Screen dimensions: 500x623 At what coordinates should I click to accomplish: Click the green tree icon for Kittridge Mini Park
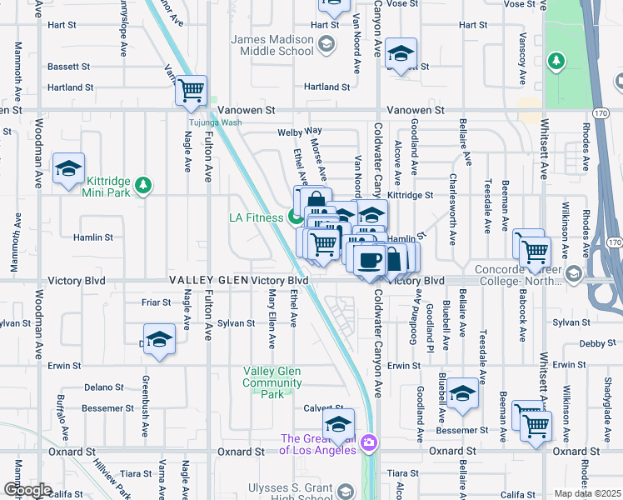[144, 183]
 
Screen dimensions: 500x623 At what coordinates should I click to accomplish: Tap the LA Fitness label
[256, 218]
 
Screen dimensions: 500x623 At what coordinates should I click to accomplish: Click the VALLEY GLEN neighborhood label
[208, 281]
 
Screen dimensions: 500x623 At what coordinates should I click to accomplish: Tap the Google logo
[27, 490]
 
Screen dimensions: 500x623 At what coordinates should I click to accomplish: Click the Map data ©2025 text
[588, 493]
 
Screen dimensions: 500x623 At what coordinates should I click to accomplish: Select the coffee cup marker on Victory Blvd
[369, 258]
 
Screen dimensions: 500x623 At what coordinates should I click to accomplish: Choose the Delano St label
[102, 387]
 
